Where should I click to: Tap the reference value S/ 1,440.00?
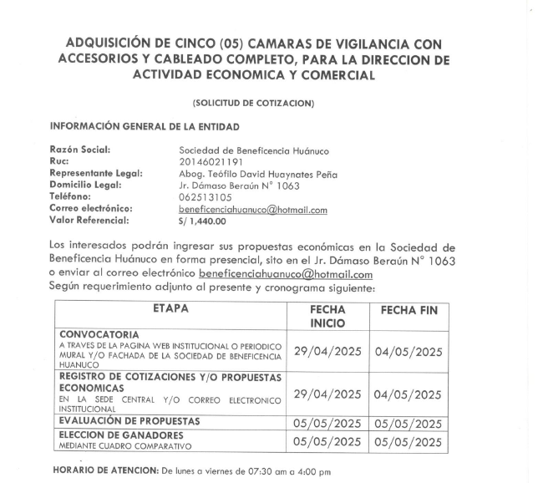(x=203, y=221)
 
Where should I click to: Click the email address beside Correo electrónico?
(x=253, y=210)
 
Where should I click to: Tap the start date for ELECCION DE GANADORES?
(x=327, y=441)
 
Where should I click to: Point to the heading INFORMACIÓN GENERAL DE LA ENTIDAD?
(x=145, y=126)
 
